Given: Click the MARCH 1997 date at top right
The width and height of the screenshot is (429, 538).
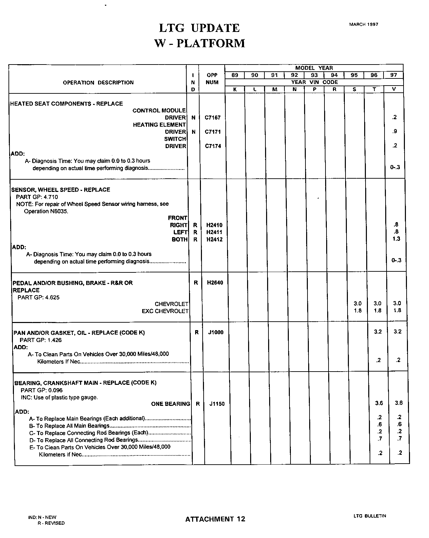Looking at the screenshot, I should [x=363, y=24].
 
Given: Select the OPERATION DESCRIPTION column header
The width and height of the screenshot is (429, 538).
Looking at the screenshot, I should [x=98, y=83].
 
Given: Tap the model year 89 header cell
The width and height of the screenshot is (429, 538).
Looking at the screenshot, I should [x=235, y=75].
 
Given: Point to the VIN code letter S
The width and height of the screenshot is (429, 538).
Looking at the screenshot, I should [x=354, y=89].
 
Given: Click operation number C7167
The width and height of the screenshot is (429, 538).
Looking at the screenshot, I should [x=212, y=118].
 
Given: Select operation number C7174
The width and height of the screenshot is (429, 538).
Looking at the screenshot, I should [x=212, y=146].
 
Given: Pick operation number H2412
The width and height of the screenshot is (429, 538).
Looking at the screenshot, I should [x=214, y=239].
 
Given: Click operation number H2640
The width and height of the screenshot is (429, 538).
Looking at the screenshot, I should [x=215, y=283].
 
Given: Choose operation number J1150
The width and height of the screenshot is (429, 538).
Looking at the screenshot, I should [x=217, y=404].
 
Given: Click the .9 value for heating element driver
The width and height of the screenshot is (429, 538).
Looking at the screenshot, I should [x=394, y=131].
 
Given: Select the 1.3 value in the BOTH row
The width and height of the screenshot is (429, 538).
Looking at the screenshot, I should [x=396, y=239].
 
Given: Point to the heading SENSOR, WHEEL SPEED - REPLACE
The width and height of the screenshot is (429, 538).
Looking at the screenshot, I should [x=61, y=190].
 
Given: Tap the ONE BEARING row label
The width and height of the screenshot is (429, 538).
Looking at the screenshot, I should [x=170, y=404].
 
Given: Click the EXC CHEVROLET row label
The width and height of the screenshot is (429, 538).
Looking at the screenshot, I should [x=165, y=311].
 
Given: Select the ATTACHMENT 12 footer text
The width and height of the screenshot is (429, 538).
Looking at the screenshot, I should [x=215, y=519].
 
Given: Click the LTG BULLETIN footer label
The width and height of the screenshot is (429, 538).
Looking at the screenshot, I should [x=370, y=516].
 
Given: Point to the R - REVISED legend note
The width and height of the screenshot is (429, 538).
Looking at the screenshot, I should [x=51, y=523].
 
